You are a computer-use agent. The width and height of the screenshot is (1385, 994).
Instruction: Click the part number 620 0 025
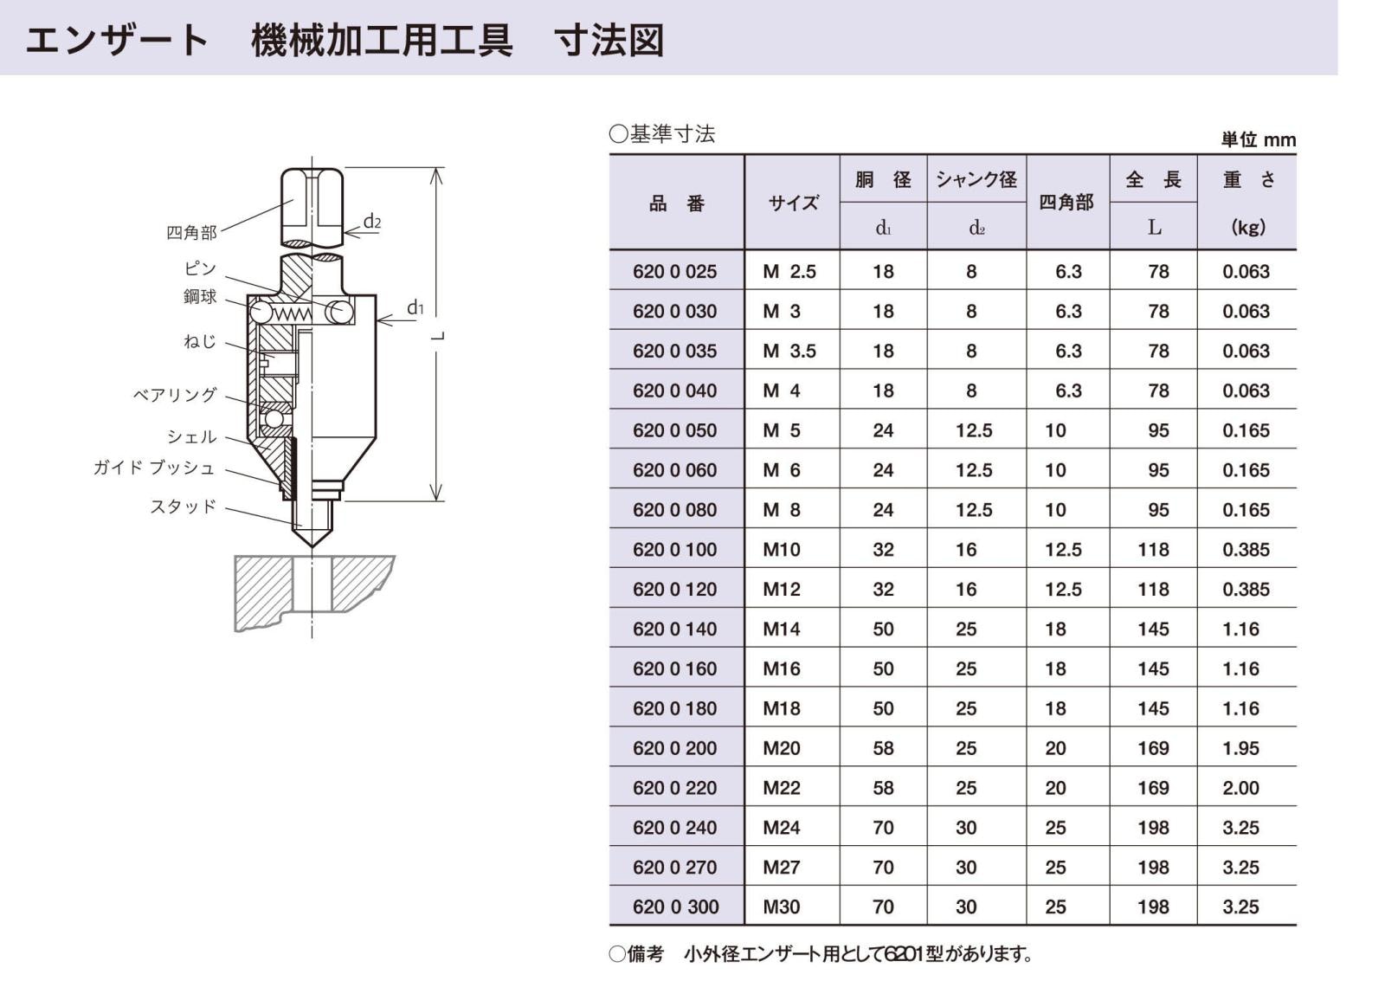674,272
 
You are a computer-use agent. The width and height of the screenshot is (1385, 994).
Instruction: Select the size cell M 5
782,430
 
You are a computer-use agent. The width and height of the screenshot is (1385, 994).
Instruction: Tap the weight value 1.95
1241,748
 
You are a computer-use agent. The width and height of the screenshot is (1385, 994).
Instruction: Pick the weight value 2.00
1241,788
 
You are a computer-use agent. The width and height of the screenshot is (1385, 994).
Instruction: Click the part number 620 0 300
676,907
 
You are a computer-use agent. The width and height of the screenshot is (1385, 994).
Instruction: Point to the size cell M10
782,550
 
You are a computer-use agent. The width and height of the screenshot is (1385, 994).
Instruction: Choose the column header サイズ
793,203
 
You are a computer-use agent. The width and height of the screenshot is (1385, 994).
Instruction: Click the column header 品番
676,203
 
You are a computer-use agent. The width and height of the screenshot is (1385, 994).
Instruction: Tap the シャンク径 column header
976,179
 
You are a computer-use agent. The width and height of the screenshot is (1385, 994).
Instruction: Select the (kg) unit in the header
1248,227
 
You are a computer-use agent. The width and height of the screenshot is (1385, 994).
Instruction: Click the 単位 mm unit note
1259,139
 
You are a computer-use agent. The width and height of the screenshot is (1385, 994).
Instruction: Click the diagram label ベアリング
175,395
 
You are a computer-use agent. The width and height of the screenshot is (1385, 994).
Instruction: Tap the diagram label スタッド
183,507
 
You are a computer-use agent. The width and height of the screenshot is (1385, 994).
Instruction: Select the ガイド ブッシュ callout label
154,468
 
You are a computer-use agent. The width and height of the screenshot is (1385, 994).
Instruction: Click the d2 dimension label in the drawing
371,221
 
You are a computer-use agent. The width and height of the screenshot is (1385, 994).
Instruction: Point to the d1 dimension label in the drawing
415,307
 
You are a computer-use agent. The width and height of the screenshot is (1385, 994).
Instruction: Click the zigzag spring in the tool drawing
293,313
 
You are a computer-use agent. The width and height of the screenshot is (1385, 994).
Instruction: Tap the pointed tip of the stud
312,547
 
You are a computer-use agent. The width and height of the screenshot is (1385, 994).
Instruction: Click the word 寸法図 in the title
609,40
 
